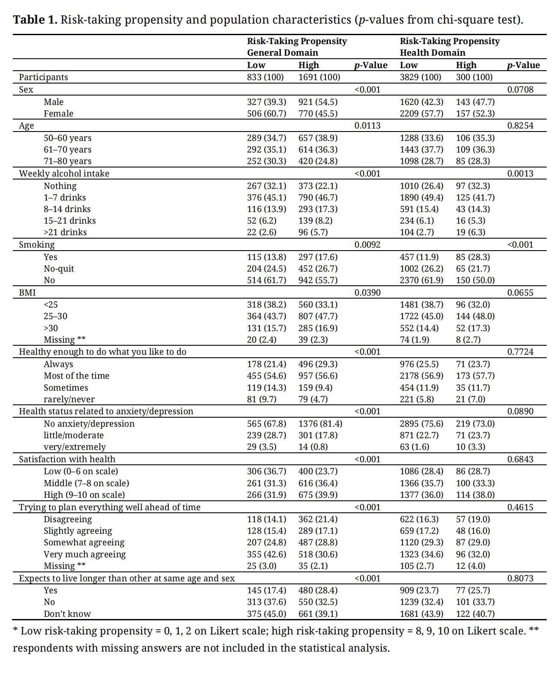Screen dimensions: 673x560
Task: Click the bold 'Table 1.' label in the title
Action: click(35, 20)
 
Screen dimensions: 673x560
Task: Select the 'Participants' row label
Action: click(43, 77)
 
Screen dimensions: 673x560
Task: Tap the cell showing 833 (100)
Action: click(265, 77)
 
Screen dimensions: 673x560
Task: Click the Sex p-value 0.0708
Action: click(520, 90)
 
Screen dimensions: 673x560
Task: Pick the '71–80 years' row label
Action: click(67, 161)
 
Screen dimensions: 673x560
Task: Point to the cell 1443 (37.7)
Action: click(421, 150)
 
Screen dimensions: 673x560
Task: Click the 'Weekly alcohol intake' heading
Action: click(64, 173)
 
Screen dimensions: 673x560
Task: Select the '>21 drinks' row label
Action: click(65, 232)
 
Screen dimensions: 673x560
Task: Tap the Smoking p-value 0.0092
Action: click(367, 245)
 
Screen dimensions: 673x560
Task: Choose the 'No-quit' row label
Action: click(59, 269)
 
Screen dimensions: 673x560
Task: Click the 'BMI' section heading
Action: click(27, 293)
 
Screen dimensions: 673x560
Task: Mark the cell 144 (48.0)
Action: click(475, 316)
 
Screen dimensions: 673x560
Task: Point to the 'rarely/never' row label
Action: click(69, 399)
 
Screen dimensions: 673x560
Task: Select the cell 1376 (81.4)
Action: click(320, 424)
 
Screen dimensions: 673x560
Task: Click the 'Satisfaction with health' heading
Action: click(67, 459)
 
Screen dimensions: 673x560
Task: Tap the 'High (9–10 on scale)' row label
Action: click(84, 495)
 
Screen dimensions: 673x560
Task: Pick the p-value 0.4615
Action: click(520, 507)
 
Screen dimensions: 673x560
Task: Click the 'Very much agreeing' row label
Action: click(84, 554)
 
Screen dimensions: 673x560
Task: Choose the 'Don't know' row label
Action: click(67, 614)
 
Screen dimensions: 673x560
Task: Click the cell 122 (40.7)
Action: click(475, 614)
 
